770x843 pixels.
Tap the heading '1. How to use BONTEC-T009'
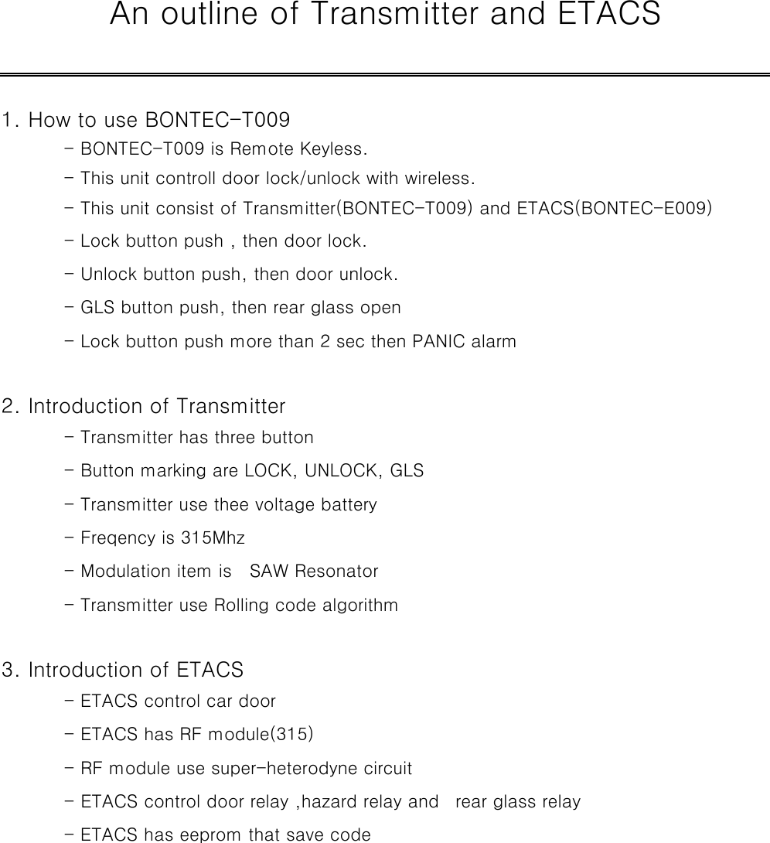146,121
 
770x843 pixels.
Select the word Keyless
337,148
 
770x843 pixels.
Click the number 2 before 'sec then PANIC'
324,341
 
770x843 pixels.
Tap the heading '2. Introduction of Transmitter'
144,406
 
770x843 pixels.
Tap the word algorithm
363,605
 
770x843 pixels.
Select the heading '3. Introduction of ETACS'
123,669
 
